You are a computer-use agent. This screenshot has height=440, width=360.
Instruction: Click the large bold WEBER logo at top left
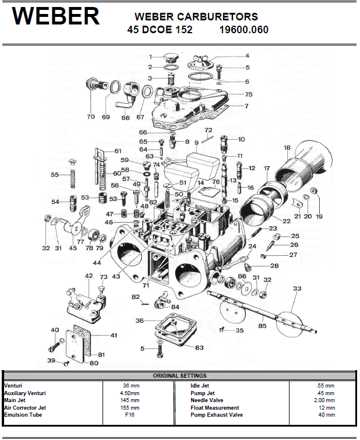(56, 17)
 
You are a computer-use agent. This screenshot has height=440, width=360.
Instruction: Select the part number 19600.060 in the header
(245, 29)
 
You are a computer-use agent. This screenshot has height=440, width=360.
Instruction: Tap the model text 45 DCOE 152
(160, 29)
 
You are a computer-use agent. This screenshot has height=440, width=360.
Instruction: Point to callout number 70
(90, 117)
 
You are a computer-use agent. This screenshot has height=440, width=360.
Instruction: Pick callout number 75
(248, 94)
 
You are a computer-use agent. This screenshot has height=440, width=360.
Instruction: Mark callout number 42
(89, 276)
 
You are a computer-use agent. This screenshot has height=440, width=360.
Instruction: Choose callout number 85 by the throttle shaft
(262, 326)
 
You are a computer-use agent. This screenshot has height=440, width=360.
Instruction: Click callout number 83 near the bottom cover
(200, 348)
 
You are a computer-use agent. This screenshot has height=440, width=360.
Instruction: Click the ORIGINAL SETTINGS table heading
(179, 376)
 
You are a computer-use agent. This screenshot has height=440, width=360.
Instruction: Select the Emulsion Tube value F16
(130, 415)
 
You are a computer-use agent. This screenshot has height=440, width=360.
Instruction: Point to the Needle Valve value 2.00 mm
(322, 400)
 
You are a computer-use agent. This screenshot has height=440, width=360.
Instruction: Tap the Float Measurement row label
(215, 408)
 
